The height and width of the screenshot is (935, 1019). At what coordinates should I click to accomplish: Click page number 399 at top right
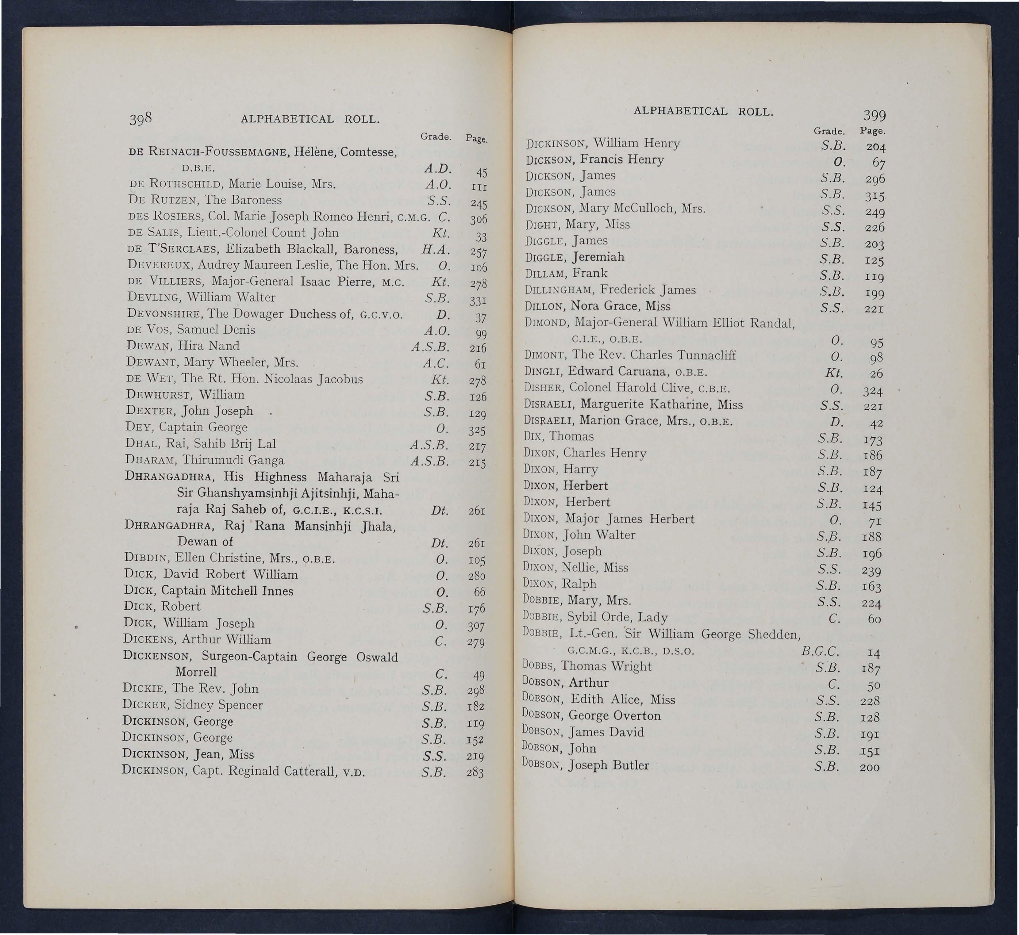point(874,116)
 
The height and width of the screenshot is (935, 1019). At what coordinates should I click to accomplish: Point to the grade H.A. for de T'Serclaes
point(436,249)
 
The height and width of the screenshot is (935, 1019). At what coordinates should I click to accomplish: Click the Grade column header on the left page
point(436,136)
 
